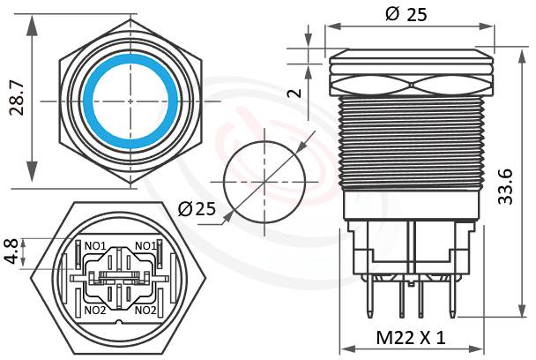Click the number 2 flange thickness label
(x=298, y=93)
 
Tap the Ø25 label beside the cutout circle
(x=197, y=209)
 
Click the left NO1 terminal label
(x=95, y=245)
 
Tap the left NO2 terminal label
(x=95, y=310)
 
